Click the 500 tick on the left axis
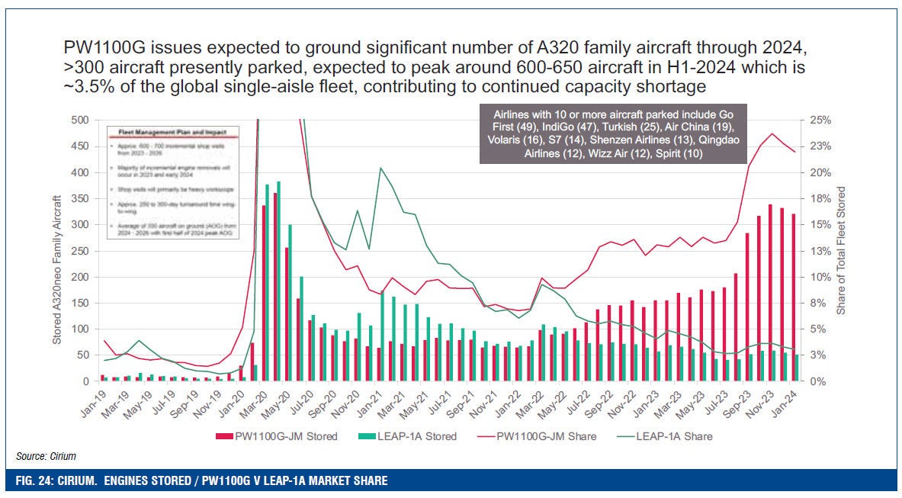80,120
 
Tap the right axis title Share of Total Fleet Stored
841,250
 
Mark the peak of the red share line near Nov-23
772,133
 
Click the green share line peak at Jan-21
380,168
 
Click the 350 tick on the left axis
80,198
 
